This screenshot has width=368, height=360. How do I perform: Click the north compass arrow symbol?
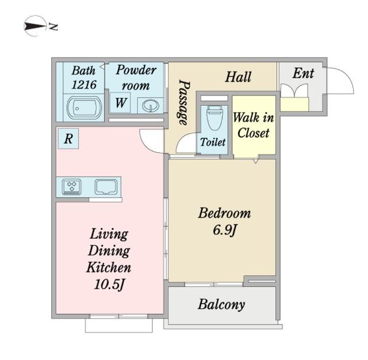click(x=36, y=26)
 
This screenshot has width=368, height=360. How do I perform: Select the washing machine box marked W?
click(x=121, y=104)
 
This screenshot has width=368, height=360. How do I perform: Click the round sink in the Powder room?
click(x=150, y=106)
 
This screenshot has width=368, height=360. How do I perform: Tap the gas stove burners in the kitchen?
click(x=72, y=186)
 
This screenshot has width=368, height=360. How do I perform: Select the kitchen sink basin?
click(x=106, y=186)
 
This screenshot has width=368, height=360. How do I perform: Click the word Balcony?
click(x=221, y=304)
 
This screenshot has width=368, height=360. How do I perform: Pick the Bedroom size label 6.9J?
click(x=225, y=231)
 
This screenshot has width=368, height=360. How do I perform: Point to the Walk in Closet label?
click(x=254, y=125)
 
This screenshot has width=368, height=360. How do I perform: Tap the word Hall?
click(x=237, y=76)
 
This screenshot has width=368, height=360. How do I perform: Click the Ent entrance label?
click(x=303, y=73)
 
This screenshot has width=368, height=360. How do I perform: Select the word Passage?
click(x=183, y=102)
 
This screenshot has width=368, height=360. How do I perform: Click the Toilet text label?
click(x=212, y=142)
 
